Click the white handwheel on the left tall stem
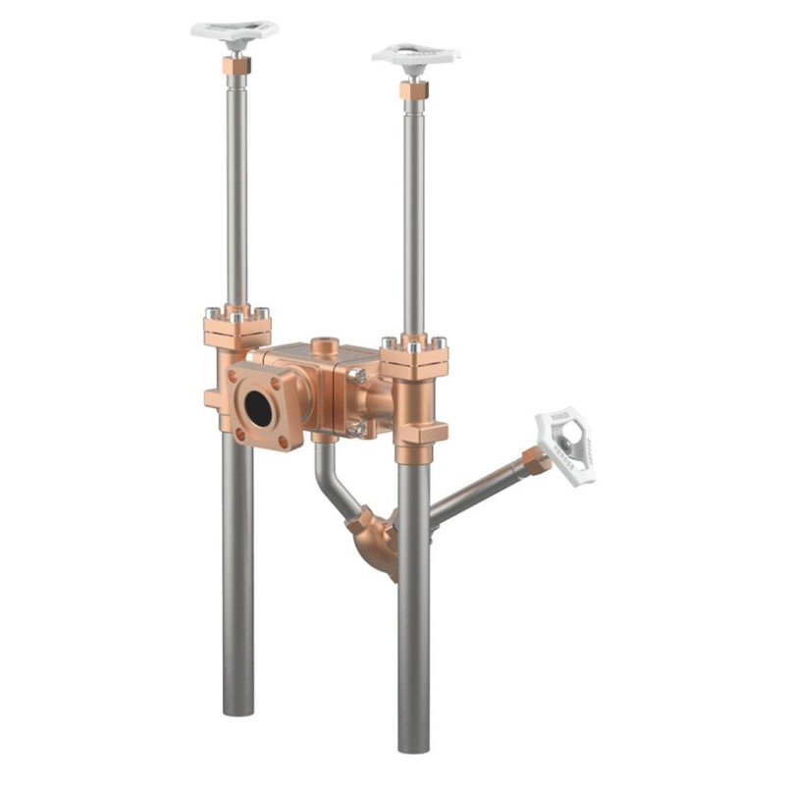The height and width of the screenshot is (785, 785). click(x=234, y=30)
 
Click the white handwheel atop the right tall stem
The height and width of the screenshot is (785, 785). click(x=415, y=55)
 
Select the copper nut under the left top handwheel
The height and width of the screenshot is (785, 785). click(x=235, y=67)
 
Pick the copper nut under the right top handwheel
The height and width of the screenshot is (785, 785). click(x=413, y=90)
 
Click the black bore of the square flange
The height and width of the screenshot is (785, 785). click(x=259, y=407)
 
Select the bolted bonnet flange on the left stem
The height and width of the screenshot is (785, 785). click(x=236, y=327)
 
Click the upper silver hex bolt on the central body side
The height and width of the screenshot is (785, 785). click(x=360, y=377)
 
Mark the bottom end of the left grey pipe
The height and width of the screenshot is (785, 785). click(x=237, y=708)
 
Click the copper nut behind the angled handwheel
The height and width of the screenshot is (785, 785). click(x=535, y=459)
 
